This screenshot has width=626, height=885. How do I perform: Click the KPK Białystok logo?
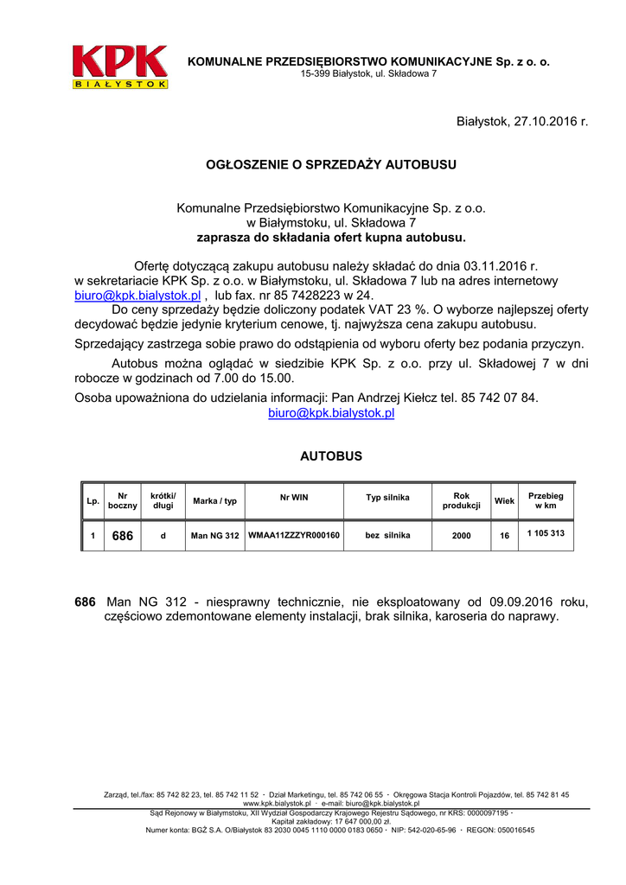click(120, 67)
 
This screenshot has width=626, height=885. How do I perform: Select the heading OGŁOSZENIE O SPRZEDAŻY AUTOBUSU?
click(330, 164)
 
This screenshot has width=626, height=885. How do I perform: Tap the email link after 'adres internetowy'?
click(137, 295)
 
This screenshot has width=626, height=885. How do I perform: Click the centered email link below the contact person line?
click(331, 413)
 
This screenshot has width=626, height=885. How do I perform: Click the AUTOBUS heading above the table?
click(330, 455)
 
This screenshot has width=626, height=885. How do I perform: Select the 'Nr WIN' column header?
click(294, 498)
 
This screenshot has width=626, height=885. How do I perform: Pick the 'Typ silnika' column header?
click(387, 498)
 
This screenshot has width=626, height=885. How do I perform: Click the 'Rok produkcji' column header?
click(461, 500)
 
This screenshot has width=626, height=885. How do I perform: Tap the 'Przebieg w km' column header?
click(546, 500)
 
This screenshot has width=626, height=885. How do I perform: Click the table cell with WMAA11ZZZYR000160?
click(294, 536)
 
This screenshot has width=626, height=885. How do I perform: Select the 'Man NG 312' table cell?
click(214, 536)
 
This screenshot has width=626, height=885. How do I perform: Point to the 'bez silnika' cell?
click(387, 536)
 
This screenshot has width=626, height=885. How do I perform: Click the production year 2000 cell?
click(461, 536)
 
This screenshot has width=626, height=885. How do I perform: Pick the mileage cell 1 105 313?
click(546, 534)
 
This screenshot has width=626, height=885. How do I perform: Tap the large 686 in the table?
click(123, 536)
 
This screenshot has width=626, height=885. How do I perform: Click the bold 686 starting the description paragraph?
click(86, 602)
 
